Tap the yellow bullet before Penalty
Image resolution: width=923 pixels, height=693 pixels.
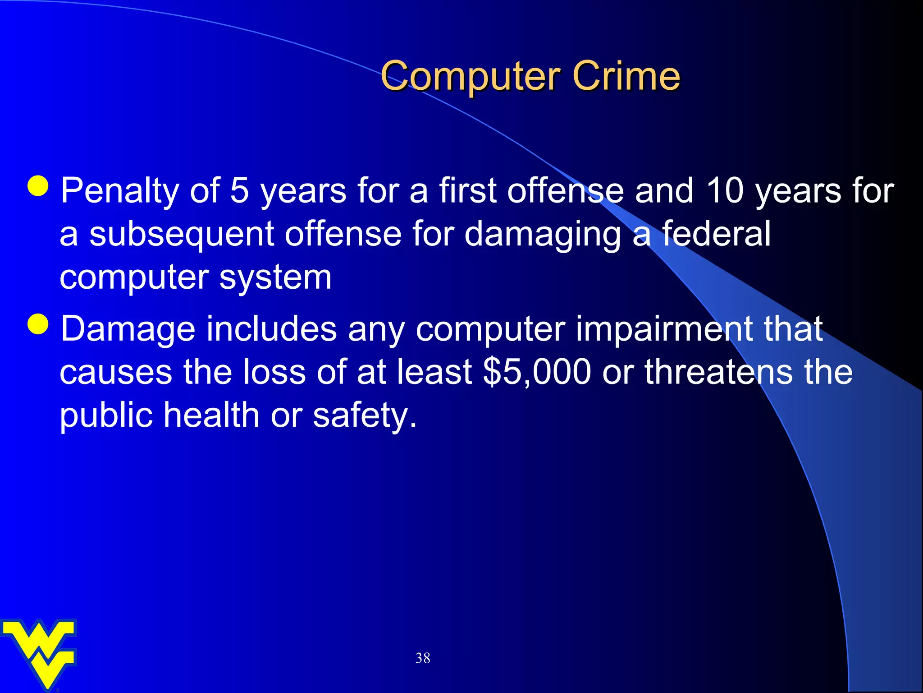click(x=38, y=185)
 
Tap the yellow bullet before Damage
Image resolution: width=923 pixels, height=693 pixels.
click(x=38, y=323)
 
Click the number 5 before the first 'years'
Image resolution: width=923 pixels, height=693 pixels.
click(x=239, y=190)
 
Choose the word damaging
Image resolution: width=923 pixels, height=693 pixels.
click(x=542, y=235)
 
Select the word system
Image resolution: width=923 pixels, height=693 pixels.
click(x=275, y=277)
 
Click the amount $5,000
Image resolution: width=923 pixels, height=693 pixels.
click(x=536, y=372)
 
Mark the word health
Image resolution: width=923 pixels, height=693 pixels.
click(x=211, y=415)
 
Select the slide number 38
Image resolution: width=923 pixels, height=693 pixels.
click(x=423, y=658)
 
